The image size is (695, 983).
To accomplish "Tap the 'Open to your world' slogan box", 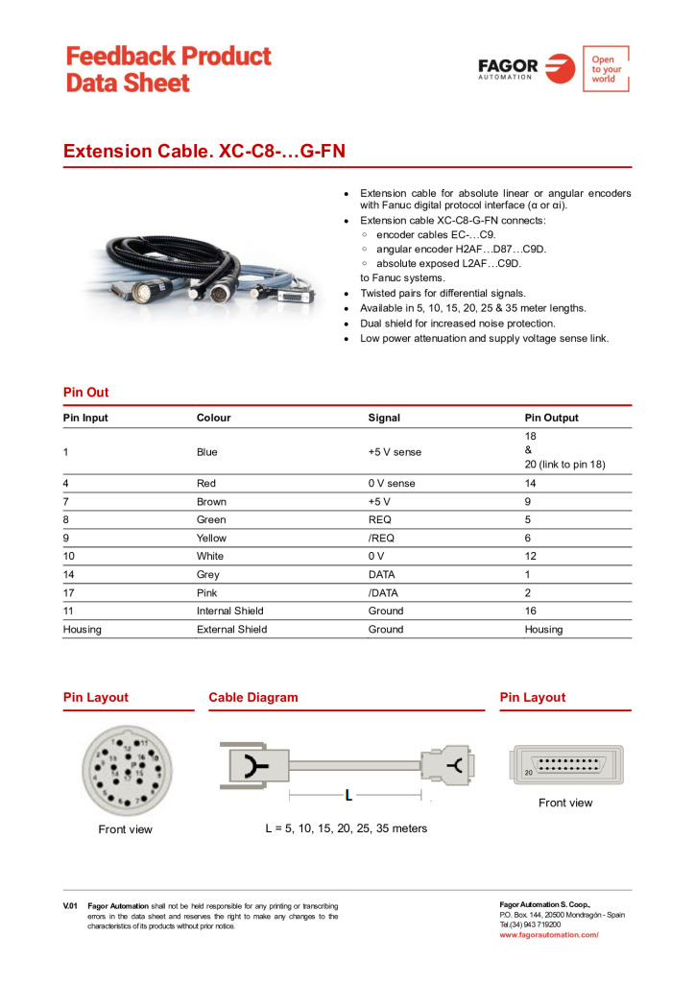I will click(606, 68).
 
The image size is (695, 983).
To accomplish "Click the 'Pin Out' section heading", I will click(86, 393).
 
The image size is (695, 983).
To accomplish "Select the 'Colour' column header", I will click(214, 419).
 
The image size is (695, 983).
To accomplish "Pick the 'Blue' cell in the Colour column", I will click(207, 452).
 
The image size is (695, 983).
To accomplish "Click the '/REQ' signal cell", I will click(381, 539).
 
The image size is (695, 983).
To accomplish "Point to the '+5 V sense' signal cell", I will click(395, 452).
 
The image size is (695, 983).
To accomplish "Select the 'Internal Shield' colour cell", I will click(230, 611).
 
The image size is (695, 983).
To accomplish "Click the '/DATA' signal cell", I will click(385, 593).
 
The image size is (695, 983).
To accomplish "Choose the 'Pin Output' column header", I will click(552, 419).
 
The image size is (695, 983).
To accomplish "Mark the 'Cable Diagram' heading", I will click(253, 698).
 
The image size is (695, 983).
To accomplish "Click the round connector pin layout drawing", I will click(124, 770).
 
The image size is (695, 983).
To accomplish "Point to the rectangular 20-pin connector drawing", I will click(566, 765).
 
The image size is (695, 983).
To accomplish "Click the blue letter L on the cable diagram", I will click(349, 795).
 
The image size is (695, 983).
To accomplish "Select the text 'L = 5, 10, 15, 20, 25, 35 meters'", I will click(347, 828).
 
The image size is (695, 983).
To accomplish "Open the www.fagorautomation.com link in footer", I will click(549, 934).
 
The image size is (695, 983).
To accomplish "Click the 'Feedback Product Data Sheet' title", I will click(169, 69).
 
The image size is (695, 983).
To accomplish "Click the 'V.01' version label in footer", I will click(70, 905).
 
